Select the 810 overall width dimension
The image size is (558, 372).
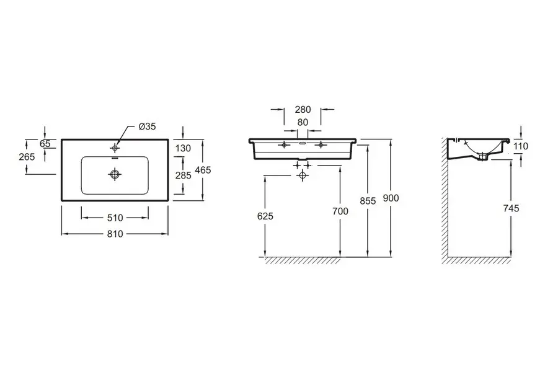116,234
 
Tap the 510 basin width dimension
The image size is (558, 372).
116,217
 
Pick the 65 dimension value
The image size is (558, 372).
45,143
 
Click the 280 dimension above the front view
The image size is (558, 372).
303,109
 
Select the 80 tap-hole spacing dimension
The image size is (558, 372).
303,122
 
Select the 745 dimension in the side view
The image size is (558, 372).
511,208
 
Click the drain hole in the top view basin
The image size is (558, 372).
114,174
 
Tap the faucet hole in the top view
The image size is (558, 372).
115,148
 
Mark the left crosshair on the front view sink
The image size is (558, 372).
285,145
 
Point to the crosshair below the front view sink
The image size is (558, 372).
302,175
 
